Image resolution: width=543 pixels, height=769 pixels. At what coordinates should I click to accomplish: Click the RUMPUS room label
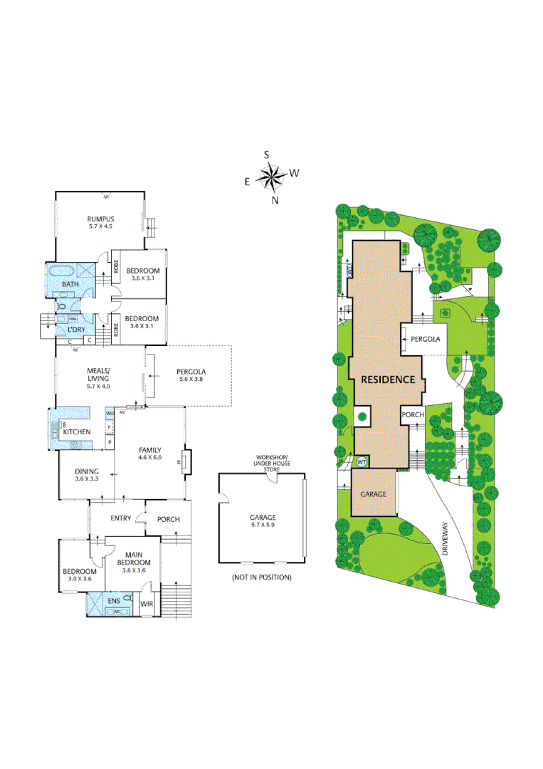[101, 219]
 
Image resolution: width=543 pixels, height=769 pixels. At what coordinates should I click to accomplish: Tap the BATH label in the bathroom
[70, 284]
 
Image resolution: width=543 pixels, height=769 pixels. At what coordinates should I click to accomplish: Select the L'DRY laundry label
[76, 330]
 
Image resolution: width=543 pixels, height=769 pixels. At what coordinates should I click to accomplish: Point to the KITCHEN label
[77, 432]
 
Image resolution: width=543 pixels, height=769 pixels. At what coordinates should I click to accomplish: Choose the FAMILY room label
[149, 450]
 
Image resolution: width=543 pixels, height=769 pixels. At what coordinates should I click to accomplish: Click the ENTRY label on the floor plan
[120, 518]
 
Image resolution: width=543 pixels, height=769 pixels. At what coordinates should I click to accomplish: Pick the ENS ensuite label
[114, 602]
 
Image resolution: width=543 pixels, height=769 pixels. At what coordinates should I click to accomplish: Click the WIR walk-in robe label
[147, 605]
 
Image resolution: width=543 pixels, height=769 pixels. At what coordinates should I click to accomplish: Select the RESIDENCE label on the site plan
[387, 380]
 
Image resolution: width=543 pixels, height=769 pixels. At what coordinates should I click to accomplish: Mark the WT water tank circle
[361, 461]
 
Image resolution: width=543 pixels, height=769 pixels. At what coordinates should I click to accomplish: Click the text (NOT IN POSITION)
[261, 577]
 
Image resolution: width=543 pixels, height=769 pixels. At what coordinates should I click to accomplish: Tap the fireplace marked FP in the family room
[186, 461]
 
